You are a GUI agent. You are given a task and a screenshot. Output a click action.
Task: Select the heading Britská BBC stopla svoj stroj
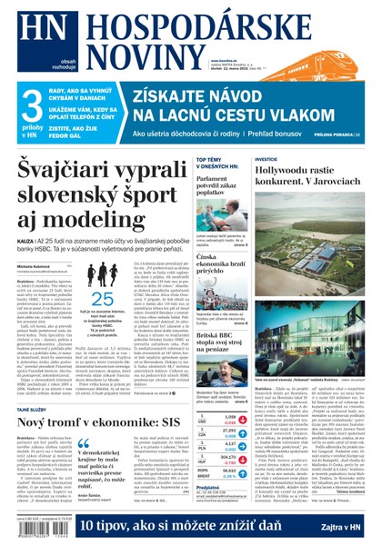coord(221,333)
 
